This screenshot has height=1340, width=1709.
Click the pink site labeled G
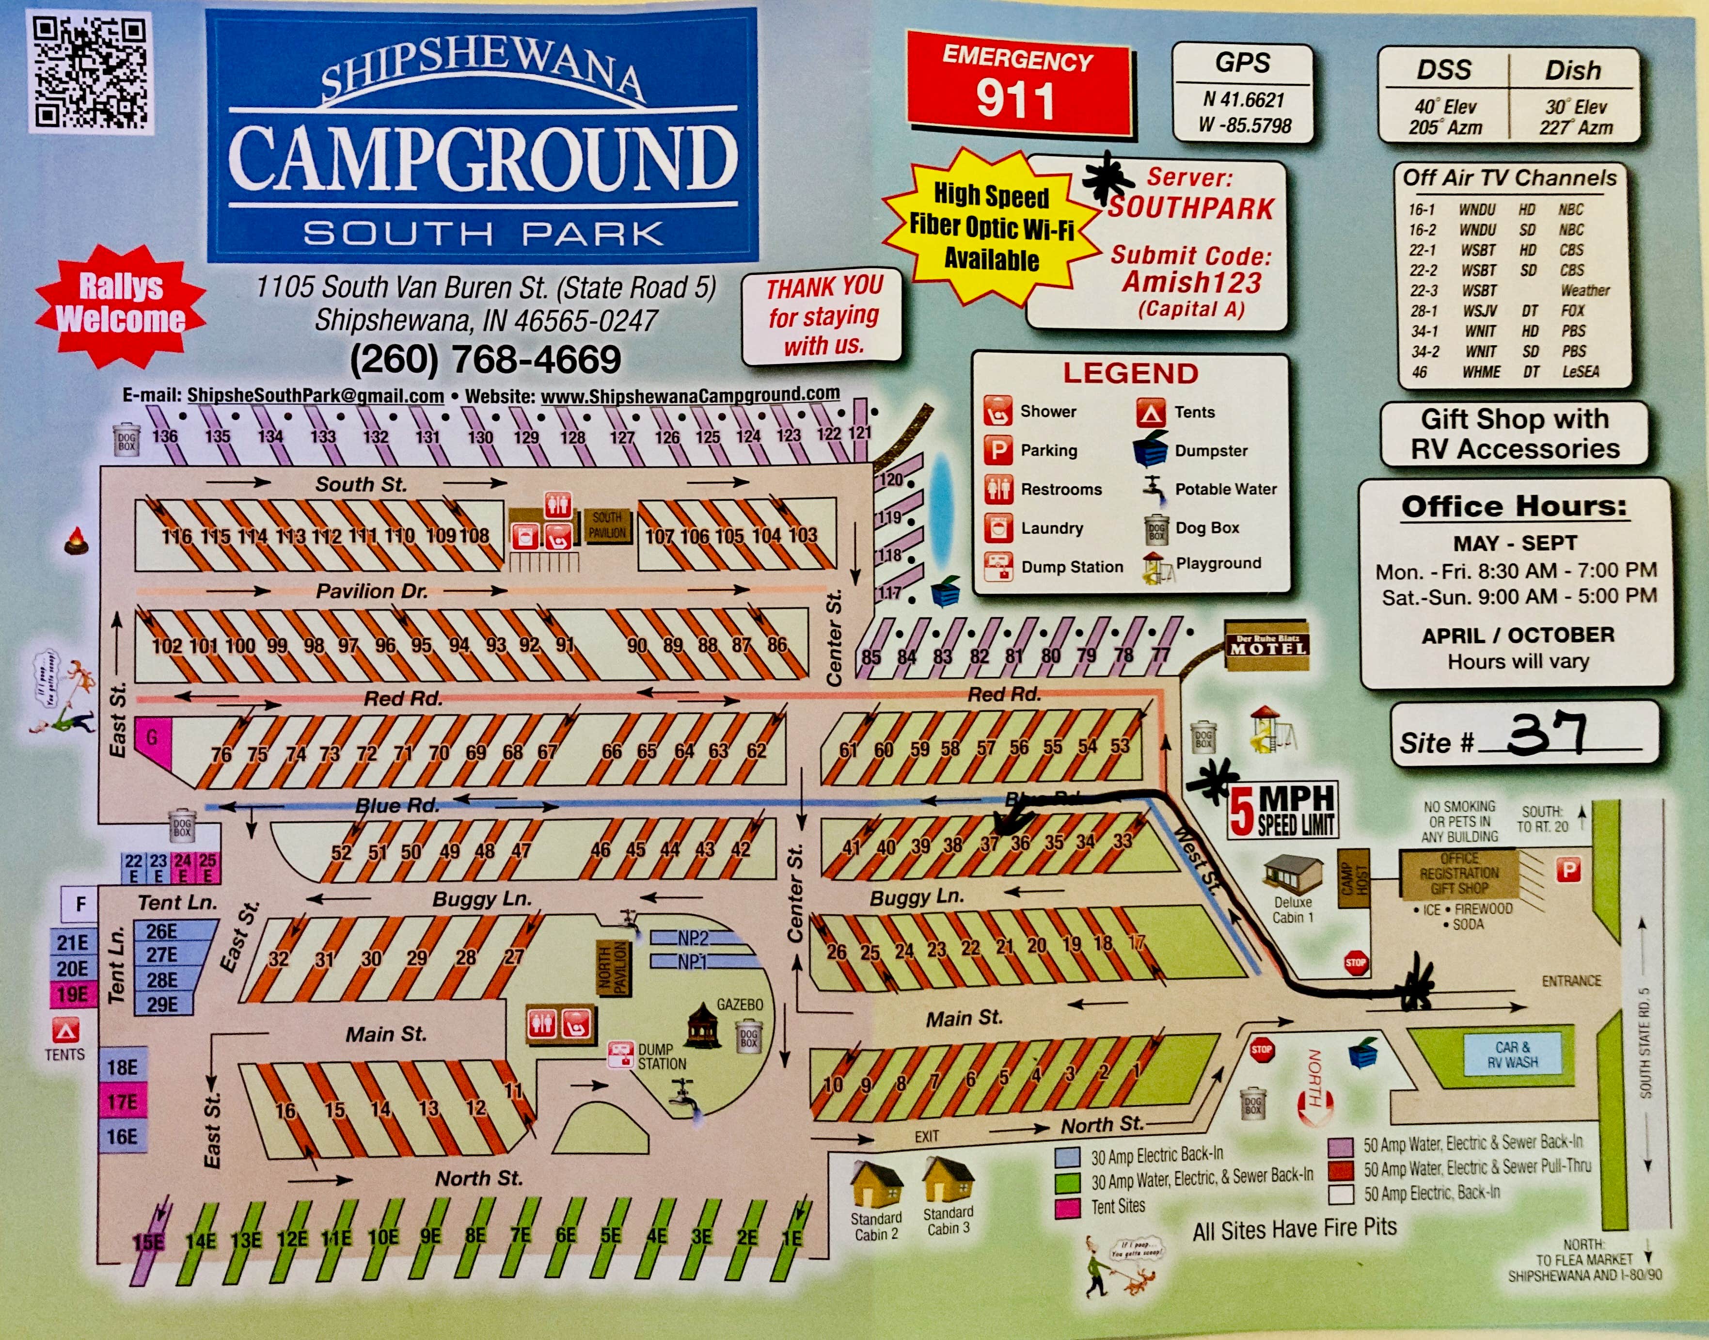(x=152, y=737)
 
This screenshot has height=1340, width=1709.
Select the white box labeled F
(x=80, y=905)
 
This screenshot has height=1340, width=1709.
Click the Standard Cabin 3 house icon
(x=948, y=1181)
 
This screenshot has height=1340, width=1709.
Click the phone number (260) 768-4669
(x=486, y=359)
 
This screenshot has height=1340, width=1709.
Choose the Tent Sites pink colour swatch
(x=1067, y=1208)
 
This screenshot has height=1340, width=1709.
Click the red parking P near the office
(x=1569, y=869)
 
